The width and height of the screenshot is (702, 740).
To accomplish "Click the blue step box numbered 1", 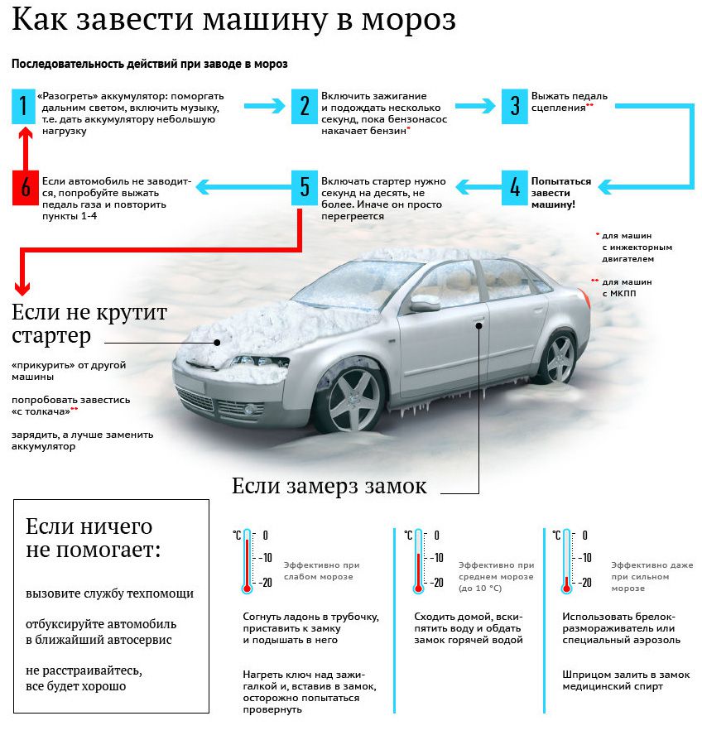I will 25,106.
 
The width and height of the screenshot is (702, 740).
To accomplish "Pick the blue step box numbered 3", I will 514,106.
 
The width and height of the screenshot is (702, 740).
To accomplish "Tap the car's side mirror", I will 425,304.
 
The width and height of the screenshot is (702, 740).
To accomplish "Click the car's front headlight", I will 258,363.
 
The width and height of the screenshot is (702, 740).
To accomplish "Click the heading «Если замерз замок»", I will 329,486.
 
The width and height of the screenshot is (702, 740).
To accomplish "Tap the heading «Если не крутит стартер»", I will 89,324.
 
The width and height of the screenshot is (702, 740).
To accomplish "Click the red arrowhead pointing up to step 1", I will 25,134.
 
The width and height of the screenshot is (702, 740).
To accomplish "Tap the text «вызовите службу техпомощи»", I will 109,593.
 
